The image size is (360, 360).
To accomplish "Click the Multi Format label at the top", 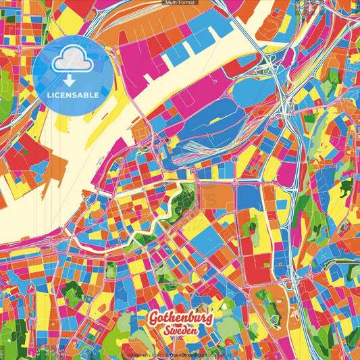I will [x=180, y=3].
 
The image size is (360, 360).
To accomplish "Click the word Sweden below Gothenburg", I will [x=180, y=332].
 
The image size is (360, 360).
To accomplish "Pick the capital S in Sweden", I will [x=164, y=332].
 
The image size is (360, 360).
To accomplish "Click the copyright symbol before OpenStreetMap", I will [x=168, y=353].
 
